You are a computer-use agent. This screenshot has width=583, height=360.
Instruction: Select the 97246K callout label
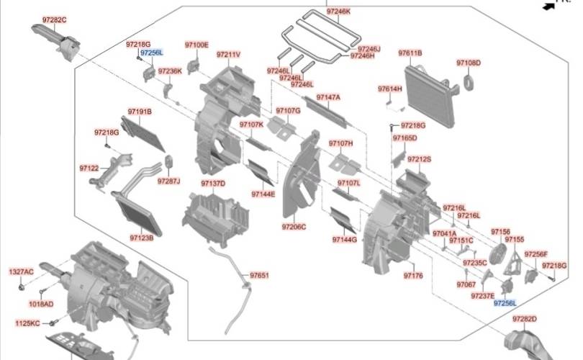tap(338, 12)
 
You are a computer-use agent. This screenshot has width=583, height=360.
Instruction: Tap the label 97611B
tap(410, 53)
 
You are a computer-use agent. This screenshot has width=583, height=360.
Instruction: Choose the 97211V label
tap(228, 55)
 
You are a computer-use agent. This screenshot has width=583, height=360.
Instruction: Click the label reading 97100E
tap(196, 45)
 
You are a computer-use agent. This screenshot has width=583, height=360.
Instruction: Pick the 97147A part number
tap(328, 96)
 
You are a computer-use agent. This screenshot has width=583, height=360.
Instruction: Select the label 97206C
tap(294, 227)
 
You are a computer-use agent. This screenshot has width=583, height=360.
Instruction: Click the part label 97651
tap(259, 275)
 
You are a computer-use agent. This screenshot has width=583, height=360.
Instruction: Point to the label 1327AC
tap(21, 271)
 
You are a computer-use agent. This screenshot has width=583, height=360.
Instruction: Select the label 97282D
tap(525, 318)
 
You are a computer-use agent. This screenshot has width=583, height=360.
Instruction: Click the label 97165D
tap(405, 138)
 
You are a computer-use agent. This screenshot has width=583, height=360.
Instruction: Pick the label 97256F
tap(536, 254)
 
